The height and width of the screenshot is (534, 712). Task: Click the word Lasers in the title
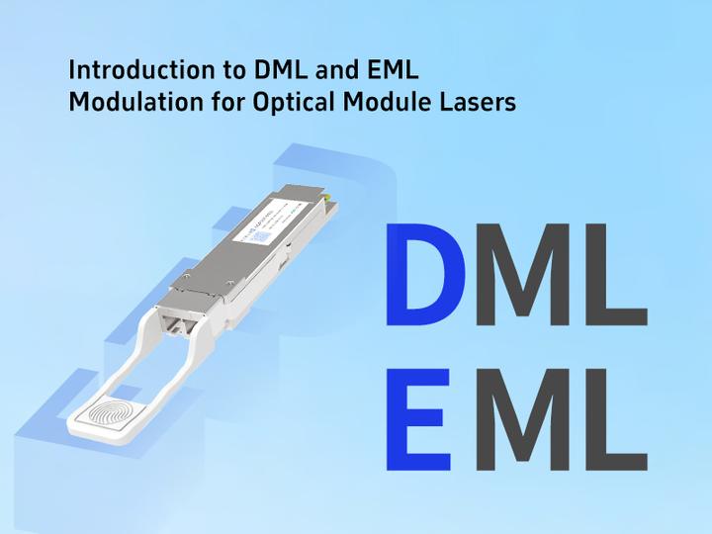coord(480,101)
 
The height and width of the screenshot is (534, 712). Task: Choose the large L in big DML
coord(617,276)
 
